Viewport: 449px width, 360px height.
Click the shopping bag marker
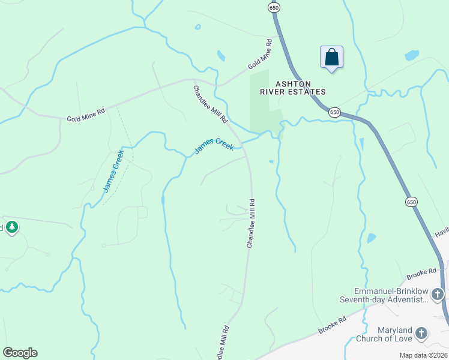331,58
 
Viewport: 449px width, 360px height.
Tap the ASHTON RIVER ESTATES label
292,88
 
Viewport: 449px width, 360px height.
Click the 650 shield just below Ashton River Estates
334,112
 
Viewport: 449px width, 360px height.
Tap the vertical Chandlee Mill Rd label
252,223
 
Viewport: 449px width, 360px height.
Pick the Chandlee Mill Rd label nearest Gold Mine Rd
210,104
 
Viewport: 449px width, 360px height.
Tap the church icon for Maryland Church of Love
421,333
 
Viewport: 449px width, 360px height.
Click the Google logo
20,353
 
